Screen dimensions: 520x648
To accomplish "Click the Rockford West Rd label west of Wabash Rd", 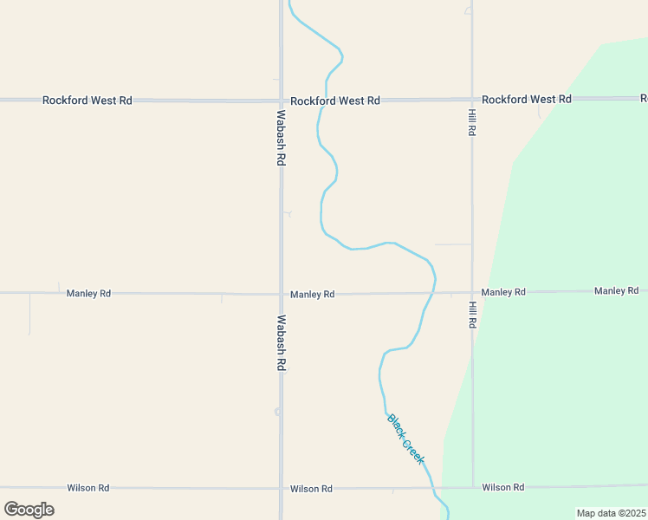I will click(87, 101).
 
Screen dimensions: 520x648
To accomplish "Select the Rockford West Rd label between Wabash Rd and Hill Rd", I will click(335, 101).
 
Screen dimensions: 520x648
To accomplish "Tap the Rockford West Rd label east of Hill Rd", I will click(527, 100).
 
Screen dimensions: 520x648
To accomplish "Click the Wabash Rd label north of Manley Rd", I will click(282, 138).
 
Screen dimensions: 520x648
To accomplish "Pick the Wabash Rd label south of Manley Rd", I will click(282, 343).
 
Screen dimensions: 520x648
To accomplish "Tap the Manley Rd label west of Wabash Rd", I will click(88, 294).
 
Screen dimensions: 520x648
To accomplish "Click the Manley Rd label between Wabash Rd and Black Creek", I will click(313, 295).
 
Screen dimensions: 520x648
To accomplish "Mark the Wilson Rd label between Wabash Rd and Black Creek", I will click(312, 489).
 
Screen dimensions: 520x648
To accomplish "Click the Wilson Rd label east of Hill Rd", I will click(503, 487).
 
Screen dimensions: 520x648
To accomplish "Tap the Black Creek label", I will click(406, 439).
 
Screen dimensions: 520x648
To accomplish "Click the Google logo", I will click(29, 510).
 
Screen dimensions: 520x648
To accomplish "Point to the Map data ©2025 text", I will click(611, 513).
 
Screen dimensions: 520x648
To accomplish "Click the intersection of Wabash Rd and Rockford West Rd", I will click(282, 101).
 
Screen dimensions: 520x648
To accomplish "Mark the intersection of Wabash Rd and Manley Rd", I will click(282, 294).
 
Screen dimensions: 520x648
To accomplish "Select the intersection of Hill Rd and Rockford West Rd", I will click(472, 100).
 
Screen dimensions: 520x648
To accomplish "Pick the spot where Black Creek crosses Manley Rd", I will click(433, 293).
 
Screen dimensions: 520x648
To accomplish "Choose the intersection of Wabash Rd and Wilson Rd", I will click(282, 489).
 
